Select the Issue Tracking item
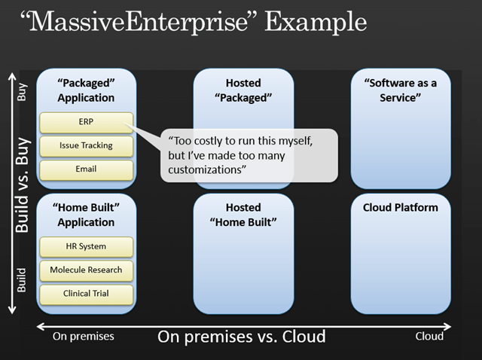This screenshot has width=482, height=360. click(x=85, y=146)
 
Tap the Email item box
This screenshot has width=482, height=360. click(x=85, y=169)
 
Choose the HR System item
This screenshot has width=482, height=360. click(x=85, y=246)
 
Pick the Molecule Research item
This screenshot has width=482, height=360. click(x=85, y=270)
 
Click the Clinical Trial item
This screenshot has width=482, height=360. click(x=85, y=294)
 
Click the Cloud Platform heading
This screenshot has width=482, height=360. click(x=400, y=207)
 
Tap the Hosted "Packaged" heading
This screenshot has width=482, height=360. click(x=243, y=90)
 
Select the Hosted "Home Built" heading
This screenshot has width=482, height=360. click(x=243, y=215)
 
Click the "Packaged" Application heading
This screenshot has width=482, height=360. click(x=85, y=90)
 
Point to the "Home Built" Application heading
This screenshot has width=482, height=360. click(x=85, y=215)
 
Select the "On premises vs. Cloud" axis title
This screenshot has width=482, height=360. click(x=242, y=337)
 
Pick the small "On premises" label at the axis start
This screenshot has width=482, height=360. click(x=83, y=337)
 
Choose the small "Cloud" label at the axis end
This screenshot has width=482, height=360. click(x=429, y=337)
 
